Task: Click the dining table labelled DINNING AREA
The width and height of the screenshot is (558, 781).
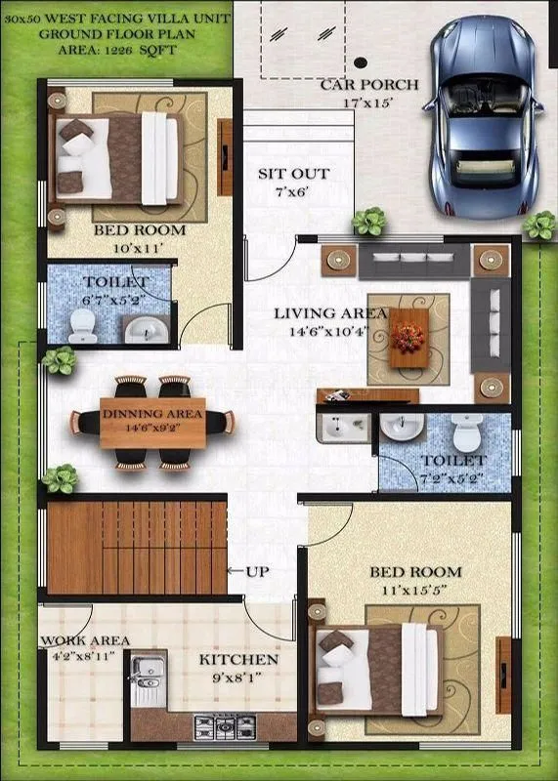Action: [x=152, y=421]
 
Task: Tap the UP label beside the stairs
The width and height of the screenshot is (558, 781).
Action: [x=257, y=572]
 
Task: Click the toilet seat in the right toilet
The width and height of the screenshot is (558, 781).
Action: [x=467, y=430]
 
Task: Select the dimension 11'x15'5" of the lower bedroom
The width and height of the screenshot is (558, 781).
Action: [x=415, y=591]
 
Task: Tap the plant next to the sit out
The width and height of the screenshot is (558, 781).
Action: [x=369, y=223]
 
